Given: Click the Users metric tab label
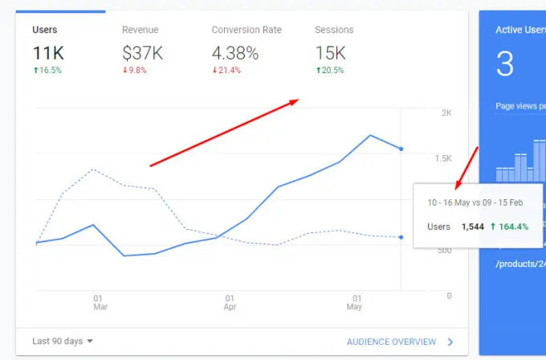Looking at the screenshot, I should pyautogui.click(x=45, y=30).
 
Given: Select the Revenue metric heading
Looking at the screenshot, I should pyautogui.click(x=140, y=30).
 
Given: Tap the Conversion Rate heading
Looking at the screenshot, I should pyautogui.click(x=247, y=30).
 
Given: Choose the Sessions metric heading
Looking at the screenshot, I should pyautogui.click(x=334, y=30).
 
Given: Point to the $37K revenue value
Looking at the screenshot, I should pyautogui.click(x=143, y=53).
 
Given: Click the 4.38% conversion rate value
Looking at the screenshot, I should pyautogui.click(x=234, y=53).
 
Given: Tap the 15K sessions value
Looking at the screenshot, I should pyautogui.click(x=330, y=53).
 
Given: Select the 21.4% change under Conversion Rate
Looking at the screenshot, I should pyautogui.click(x=229, y=70).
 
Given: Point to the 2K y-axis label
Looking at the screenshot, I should pyautogui.click(x=446, y=113).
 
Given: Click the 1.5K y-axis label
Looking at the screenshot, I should pyautogui.click(x=443, y=158).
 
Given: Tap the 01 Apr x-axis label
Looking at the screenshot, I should pyautogui.click(x=230, y=302).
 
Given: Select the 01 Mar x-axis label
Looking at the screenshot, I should pyautogui.click(x=99, y=302).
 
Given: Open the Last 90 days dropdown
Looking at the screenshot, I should pyautogui.click(x=63, y=342).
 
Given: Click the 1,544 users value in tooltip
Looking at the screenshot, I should pyautogui.click(x=473, y=227).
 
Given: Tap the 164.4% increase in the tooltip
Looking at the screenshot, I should pyautogui.click(x=510, y=227).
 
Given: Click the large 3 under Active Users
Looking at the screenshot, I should pyautogui.click(x=504, y=64).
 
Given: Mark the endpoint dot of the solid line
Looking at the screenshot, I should pyautogui.click(x=401, y=149).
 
